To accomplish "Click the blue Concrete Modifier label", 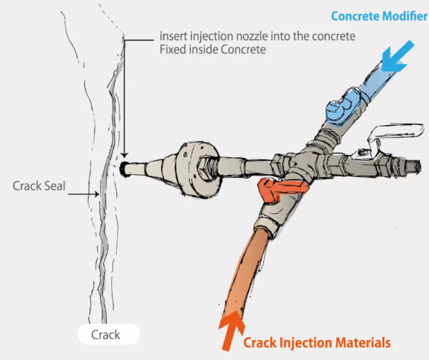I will pyautogui.click(x=379, y=16).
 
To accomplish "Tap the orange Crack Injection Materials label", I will pyautogui.click(x=317, y=342).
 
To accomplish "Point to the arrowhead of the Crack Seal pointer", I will pyautogui.click(x=98, y=194).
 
